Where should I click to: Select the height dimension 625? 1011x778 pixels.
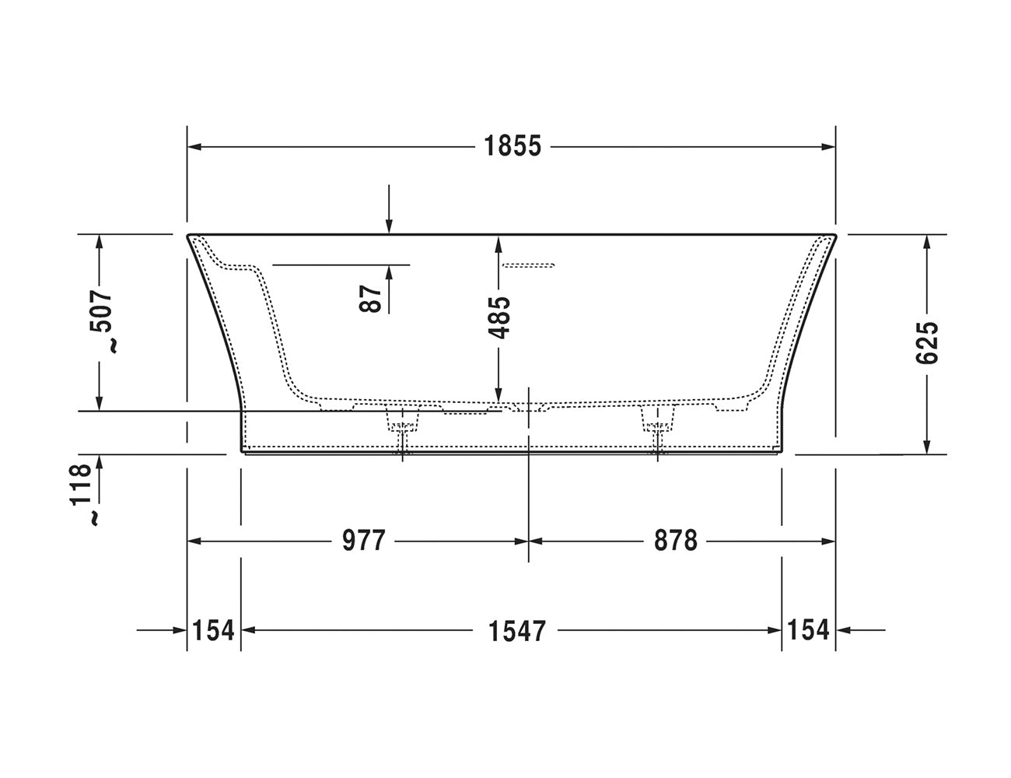pos(927,342)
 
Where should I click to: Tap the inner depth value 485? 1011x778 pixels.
pos(501,317)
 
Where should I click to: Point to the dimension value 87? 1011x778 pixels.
pos(373,298)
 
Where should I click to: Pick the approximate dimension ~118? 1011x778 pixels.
pos(86,495)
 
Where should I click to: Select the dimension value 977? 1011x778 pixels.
pos(364,540)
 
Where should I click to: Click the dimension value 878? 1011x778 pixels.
pos(675,540)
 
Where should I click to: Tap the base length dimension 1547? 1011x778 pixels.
pos(517,630)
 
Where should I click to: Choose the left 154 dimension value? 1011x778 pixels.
pos(213,630)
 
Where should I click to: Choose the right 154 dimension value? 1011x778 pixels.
pos(808,630)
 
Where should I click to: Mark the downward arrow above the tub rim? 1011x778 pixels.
pos(390,226)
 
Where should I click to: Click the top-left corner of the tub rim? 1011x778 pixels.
pos(188,234)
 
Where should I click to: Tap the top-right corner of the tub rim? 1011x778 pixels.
pos(834,234)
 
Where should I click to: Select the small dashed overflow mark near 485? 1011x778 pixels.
pos(528,265)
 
